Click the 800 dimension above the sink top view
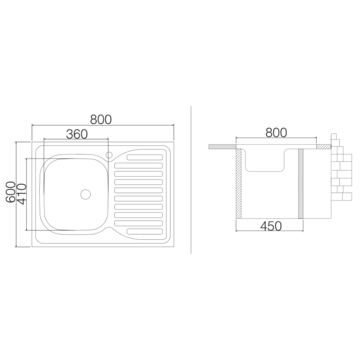tap(101, 119)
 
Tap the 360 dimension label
tap(76, 134)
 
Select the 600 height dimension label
tap(10, 192)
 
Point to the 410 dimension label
tap(22, 194)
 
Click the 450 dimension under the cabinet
tap(271, 226)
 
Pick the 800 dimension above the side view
tap(276, 132)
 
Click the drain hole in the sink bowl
tap(85, 194)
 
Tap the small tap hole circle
tap(109, 155)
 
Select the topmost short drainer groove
tap(144, 157)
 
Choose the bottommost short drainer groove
tap(144, 231)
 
